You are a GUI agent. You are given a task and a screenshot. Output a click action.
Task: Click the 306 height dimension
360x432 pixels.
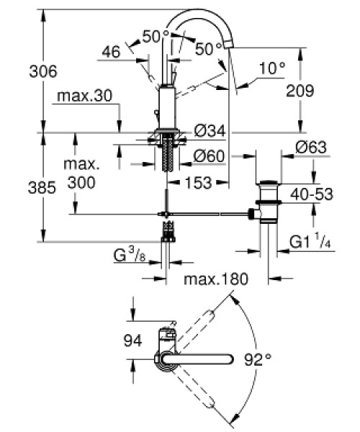pos(43,71)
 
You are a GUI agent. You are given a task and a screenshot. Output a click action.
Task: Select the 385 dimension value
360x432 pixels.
pos(42,188)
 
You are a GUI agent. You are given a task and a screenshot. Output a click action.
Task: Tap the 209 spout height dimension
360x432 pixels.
pos(300,91)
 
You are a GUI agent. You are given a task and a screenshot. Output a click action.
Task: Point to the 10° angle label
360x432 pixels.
pos(272,68)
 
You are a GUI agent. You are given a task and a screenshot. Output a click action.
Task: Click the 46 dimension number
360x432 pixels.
pos(112,52)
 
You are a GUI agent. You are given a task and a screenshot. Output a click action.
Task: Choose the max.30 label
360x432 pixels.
pos(85,96)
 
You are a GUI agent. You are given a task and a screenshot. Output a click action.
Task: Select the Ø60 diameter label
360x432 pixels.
pos(209,156)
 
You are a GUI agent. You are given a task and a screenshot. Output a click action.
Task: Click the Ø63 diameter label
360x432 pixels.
pos(311,147)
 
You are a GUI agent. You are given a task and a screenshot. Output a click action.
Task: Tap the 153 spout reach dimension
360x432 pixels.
pos(199,182)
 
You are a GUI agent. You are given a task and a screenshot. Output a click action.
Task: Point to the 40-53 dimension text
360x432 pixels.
pos(312,194)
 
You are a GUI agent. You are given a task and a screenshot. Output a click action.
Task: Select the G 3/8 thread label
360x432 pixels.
pos(130,255)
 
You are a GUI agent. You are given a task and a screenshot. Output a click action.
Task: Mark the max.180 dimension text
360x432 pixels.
pos(216,279)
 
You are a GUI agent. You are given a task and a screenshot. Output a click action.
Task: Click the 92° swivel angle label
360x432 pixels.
pos(258,359)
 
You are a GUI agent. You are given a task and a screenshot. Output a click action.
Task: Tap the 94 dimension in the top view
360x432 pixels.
pos(132,341)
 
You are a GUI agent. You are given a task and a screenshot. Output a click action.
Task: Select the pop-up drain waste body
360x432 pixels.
pos(269,202)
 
